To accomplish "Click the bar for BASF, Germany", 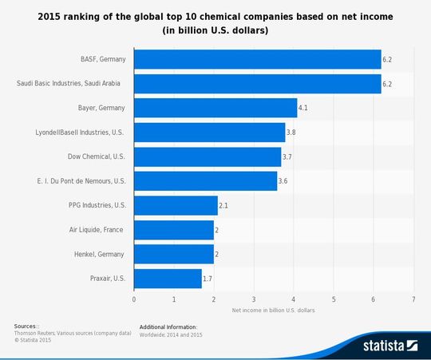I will coord(257,58).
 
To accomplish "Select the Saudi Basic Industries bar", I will coord(257,83).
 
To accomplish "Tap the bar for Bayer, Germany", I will coord(215,108).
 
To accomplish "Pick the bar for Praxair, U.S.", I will coord(168,279).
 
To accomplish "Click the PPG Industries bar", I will coord(176,205).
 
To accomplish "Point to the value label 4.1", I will coord(303,108).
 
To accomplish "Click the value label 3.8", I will coord(291,133).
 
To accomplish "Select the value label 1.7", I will coord(208,279).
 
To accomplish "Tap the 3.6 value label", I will coord(283,181).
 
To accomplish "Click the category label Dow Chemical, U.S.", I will coord(98,156).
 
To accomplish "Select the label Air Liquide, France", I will coord(97,230).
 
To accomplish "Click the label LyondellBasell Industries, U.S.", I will coord(81,133).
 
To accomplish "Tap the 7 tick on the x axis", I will coord(413,299).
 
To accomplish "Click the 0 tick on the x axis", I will coord(134,299).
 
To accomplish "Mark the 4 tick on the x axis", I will coord(294,299).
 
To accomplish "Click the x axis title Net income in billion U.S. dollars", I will coord(274,309).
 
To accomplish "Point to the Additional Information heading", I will coord(168,326).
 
